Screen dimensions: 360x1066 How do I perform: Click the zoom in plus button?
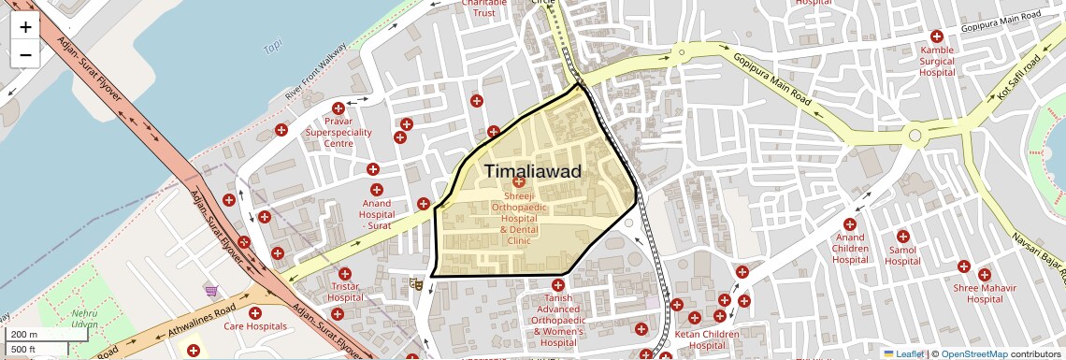25,27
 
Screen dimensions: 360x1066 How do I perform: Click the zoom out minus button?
25,54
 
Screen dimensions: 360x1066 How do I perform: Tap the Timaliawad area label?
533,172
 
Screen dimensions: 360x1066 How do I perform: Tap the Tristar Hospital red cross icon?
345,274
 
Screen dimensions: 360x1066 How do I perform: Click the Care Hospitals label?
254,326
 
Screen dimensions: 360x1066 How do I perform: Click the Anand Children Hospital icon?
850,224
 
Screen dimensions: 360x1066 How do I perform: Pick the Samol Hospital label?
902,255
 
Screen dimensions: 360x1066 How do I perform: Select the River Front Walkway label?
316,71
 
